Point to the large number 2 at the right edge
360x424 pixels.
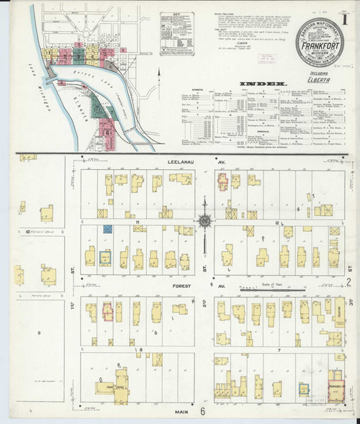tap(348, 281)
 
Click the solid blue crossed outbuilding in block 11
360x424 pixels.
tap(107, 229)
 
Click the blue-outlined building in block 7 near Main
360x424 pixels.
tap(304, 388)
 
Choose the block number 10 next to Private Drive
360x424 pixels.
tap(27, 232)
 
